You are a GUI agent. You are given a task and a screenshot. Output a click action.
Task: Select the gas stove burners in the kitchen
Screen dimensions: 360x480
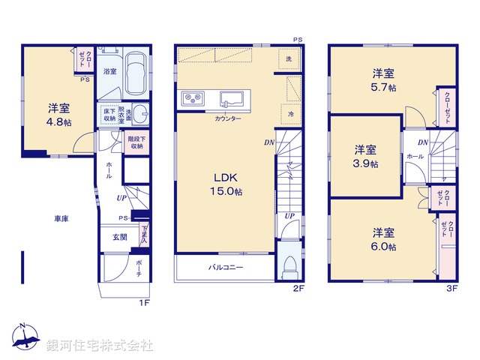tap(191, 97)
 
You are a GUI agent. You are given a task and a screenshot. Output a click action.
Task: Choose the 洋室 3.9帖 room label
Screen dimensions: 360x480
tap(366, 156)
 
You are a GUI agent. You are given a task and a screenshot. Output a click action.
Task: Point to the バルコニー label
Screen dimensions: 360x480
tap(226, 268)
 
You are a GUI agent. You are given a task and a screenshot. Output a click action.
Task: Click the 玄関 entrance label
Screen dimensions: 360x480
tap(119, 237)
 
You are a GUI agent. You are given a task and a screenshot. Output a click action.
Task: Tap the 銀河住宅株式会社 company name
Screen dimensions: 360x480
tap(100, 346)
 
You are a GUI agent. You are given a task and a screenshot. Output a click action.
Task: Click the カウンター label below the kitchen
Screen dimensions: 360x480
tap(227, 118)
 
